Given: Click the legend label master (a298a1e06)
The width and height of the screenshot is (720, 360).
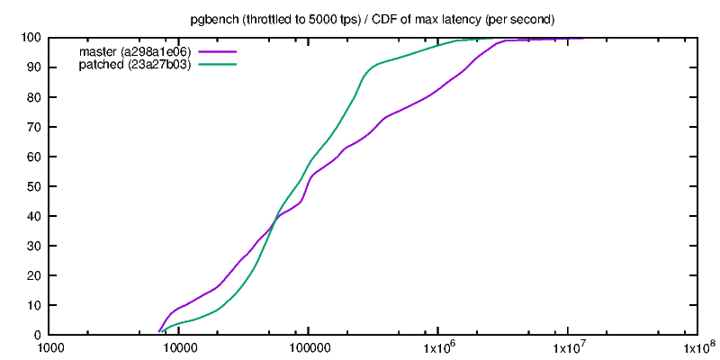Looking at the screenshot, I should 135,51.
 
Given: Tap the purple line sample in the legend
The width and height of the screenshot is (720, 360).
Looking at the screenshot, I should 217,51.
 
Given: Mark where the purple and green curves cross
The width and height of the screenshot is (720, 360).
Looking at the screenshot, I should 273,221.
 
